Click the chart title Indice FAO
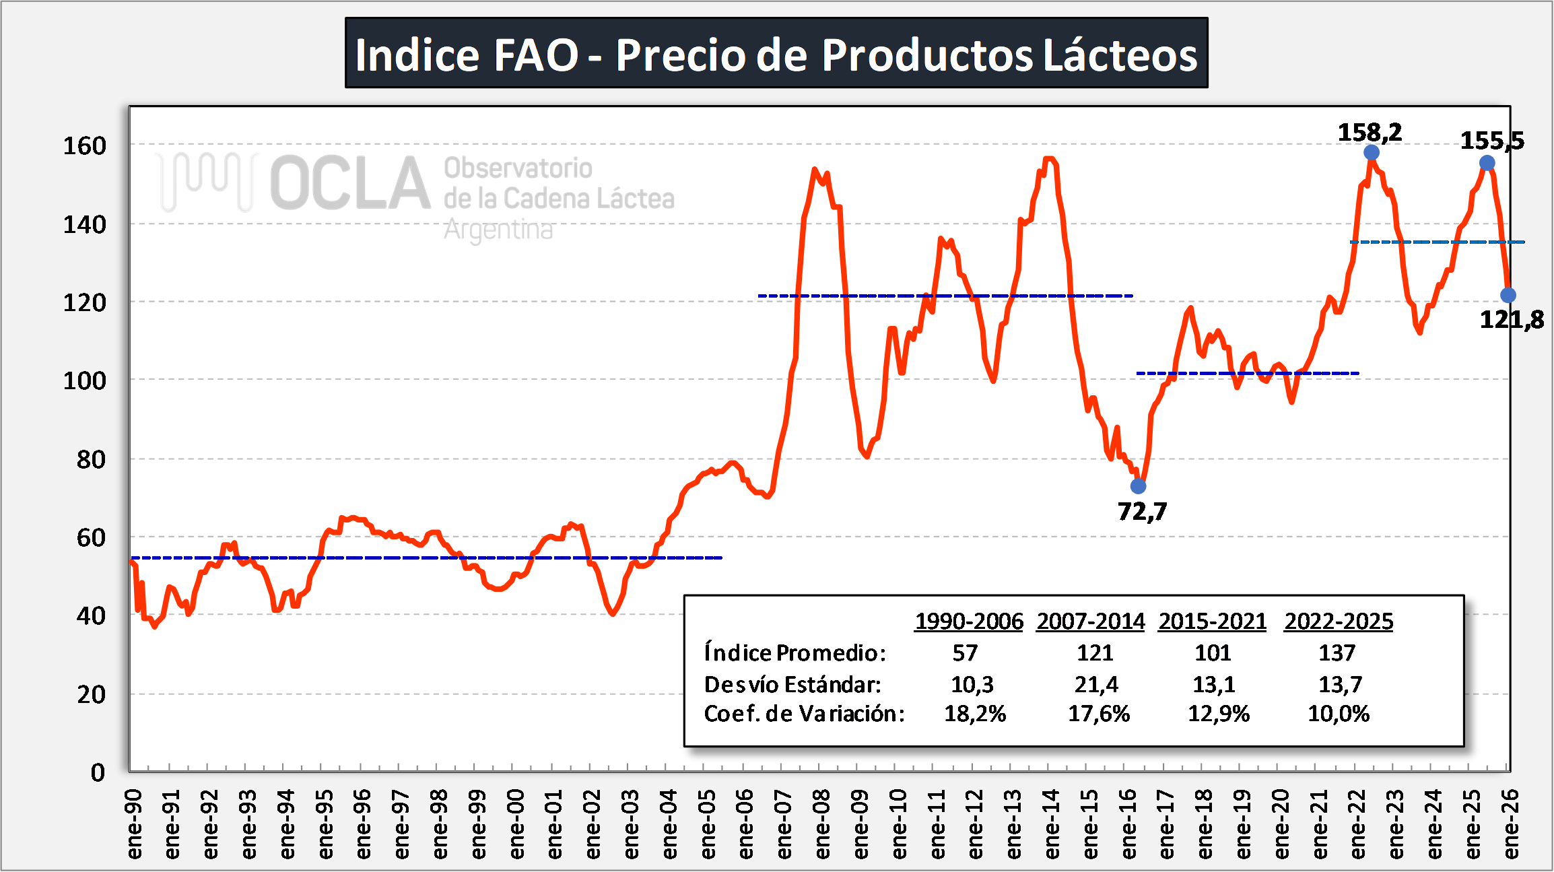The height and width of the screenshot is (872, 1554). pyautogui.click(x=776, y=54)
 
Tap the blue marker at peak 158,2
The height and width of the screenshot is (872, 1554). pyautogui.click(x=1372, y=153)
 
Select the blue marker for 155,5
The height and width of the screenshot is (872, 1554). pyautogui.click(x=1487, y=163)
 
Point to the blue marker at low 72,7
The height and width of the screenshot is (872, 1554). pyautogui.click(x=1138, y=486)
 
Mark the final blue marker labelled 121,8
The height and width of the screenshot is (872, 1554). pyautogui.click(x=1508, y=295)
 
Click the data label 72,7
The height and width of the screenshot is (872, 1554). pyautogui.click(x=1143, y=512)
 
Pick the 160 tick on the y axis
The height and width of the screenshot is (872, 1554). pyautogui.click(x=85, y=146)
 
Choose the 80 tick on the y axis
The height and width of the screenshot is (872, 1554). pyautogui.click(x=92, y=460)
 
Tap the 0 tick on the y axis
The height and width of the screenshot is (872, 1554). pyautogui.click(x=98, y=772)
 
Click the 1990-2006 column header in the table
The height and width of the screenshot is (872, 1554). pyautogui.click(x=969, y=621)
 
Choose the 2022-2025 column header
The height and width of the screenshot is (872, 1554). pyautogui.click(x=1339, y=621)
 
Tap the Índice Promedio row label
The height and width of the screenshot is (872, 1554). pyautogui.click(x=795, y=652)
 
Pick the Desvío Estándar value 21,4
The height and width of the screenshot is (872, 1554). pyautogui.click(x=1096, y=684)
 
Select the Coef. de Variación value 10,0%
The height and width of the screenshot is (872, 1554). pyautogui.click(x=1339, y=714)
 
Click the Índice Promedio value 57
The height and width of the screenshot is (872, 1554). pyautogui.click(x=965, y=652)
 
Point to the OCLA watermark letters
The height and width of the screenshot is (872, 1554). pyautogui.click(x=350, y=183)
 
